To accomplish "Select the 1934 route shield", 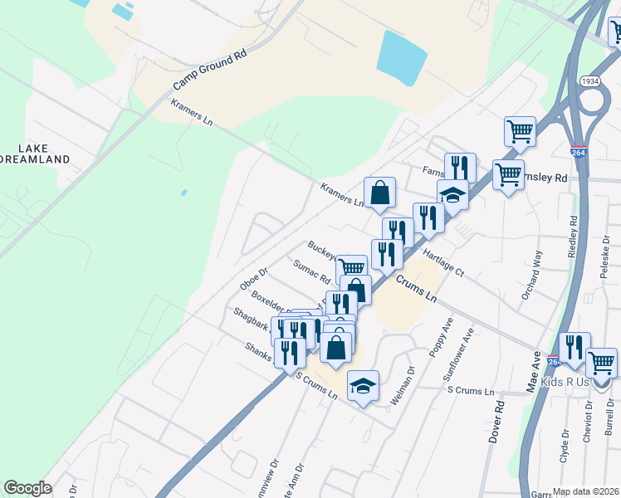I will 591,81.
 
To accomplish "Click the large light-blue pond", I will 402,53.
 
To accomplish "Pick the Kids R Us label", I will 565,382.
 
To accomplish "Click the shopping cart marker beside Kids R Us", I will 601,362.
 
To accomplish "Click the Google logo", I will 27,488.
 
